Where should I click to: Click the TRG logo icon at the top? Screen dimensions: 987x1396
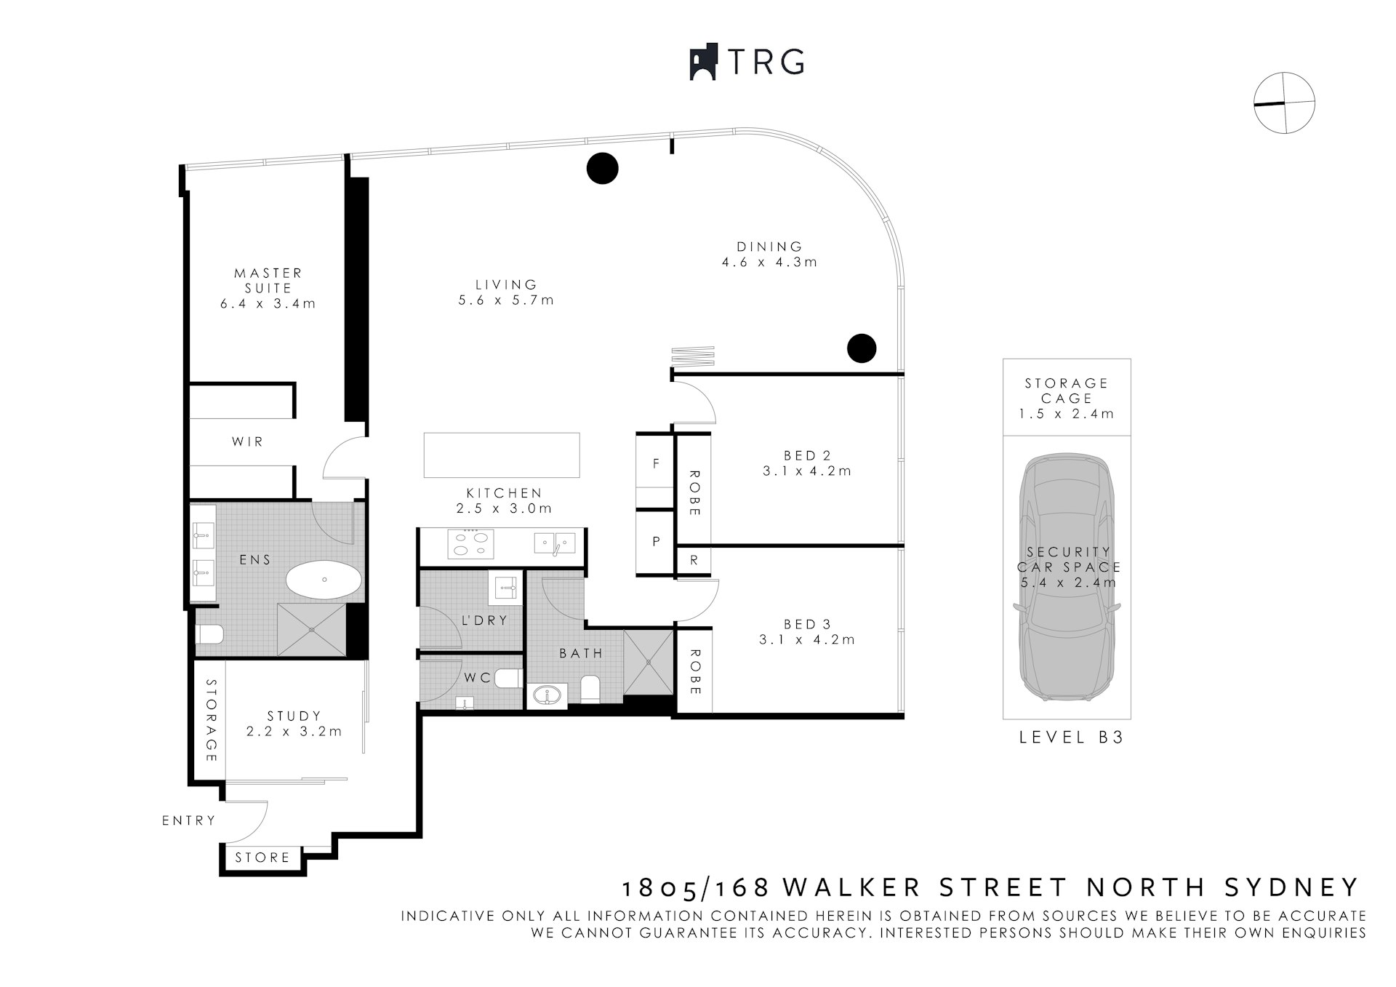click(x=703, y=63)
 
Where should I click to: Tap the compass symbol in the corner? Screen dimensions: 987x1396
click(x=1284, y=103)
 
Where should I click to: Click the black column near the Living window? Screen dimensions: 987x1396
click(x=602, y=169)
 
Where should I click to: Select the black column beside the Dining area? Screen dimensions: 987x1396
click(x=862, y=348)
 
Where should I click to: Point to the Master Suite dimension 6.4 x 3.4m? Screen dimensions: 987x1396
click(x=268, y=304)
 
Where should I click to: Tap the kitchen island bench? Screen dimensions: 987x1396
click(x=502, y=455)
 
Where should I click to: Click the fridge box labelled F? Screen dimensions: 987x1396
click(x=655, y=463)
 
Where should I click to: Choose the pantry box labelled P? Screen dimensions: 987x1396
click(x=655, y=542)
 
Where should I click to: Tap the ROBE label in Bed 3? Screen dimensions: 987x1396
click(x=694, y=671)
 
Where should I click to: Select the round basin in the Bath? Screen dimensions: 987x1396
click(x=547, y=696)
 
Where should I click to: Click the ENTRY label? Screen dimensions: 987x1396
click(x=189, y=820)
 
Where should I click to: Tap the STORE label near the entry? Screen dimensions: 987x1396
click(x=262, y=858)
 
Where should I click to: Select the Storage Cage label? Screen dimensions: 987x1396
click(x=1066, y=391)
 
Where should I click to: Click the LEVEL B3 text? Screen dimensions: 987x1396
click(x=1071, y=738)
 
